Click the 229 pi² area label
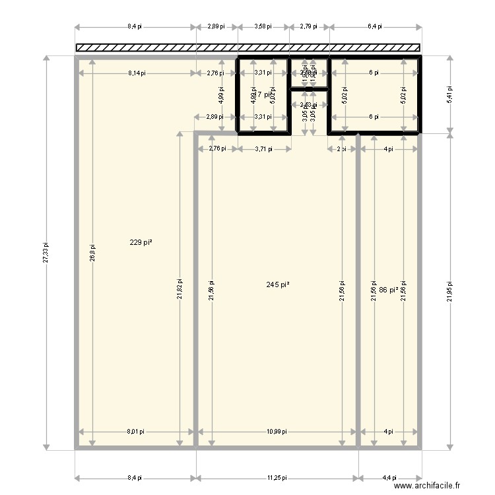141,243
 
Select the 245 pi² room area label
278,285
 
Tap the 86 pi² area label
389,290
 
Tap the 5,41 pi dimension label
450,94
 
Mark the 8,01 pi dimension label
135,432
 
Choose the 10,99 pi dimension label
277,432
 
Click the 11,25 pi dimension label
277,477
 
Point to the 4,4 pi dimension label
390,477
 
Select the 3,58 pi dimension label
263,27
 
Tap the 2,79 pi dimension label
308,27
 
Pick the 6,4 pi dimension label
374,27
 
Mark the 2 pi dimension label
341,149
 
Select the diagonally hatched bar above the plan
248,48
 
